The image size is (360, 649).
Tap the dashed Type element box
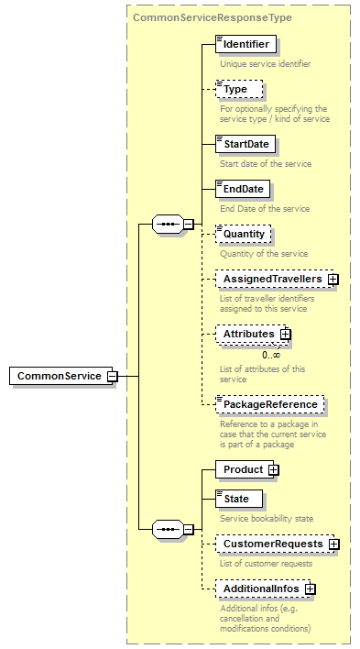(x=238, y=89)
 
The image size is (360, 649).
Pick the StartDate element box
(x=244, y=144)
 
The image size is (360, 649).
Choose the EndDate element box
(x=242, y=189)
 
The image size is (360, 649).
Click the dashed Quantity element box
(x=244, y=234)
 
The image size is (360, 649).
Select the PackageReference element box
(x=269, y=404)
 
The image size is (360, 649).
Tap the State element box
(x=237, y=498)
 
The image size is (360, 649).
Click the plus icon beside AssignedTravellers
(x=333, y=279)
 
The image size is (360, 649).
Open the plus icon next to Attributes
(x=285, y=335)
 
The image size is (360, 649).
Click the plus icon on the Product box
(x=273, y=469)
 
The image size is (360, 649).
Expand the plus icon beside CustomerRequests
(x=333, y=544)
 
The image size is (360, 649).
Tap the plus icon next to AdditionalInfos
(x=310, y=588)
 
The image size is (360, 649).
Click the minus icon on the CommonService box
(x=112, y=376)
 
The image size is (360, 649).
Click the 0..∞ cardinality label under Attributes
(x=271, y=355)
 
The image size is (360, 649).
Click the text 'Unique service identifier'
(x=265, y=64)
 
